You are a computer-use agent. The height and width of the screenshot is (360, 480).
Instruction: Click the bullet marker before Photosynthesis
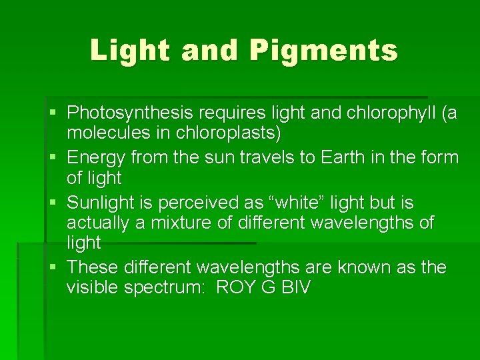pos(54,113)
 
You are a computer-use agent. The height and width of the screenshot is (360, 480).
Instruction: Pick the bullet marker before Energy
pos(54,158)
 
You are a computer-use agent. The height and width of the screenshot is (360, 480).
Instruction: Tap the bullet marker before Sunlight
pos(54,202)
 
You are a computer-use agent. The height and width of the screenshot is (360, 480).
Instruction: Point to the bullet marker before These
pos(54,268)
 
